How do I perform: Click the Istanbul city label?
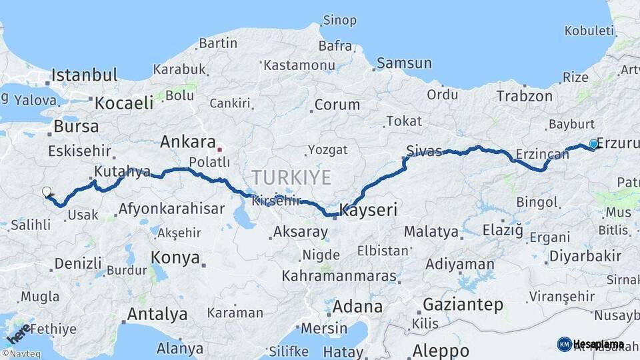85,75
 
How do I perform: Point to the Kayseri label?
369,211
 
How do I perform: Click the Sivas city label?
424,151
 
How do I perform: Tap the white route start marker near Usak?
46,192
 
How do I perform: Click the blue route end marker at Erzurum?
593,144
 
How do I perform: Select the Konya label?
175,257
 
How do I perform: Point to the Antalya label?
157,313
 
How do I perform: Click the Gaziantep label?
463,305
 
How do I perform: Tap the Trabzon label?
521,96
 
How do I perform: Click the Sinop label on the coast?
339,20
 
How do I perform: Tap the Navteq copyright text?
21,354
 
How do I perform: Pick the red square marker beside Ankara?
219,149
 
